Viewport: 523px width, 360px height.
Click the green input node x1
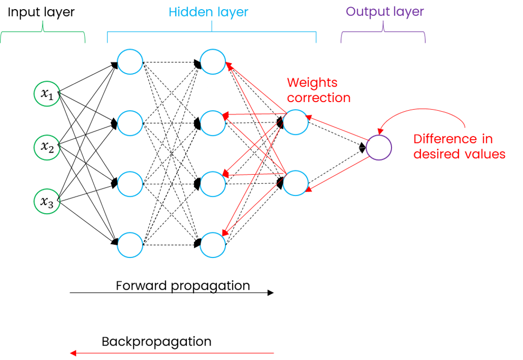pos(47,94)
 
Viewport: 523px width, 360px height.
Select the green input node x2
pos(47,147)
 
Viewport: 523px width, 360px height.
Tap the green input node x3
pos(47,201)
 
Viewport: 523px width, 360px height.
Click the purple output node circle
pos(379,147)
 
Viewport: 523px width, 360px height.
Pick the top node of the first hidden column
pos(130,62)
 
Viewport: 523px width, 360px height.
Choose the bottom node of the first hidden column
pos(130,245)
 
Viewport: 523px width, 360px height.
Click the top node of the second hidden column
pos(213,62)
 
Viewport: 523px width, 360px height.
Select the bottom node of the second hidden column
pos(213,245)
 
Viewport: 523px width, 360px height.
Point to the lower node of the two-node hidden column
pos(295,182)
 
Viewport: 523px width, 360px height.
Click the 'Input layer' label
pos(40,12)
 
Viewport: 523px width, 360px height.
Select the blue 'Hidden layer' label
pos(209,12)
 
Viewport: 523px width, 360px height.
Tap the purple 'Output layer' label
pos(385,12)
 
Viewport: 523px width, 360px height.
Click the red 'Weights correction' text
pos(318,90)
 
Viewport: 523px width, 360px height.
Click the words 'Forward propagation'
pos(183,285)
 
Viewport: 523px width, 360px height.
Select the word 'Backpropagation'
pos(156,342)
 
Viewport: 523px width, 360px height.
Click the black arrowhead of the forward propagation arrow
pos(271,293)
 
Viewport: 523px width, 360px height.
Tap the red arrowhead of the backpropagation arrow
pos(73,353)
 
